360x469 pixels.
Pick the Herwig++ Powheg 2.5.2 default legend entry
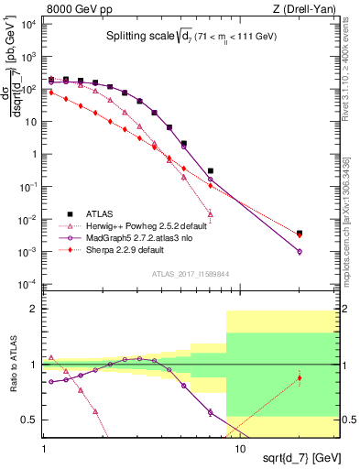[x=147, y=225]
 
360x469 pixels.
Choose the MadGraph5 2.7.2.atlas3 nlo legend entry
[x=145, y=236]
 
